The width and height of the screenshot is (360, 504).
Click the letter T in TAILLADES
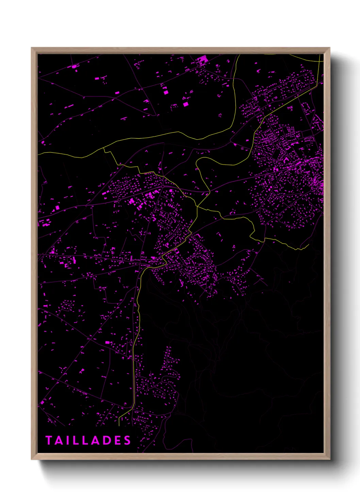[x=48, y=440]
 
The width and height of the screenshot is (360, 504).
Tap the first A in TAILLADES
[x=58, y=440]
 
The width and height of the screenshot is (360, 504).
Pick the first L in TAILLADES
[x=75, y=440]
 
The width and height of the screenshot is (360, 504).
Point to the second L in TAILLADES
[x=85, y=440]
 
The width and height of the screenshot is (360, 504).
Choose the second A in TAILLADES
[x=95, y=440]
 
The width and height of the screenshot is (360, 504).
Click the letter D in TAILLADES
[x=107, y=440]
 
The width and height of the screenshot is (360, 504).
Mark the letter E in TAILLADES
[x=117, y=440]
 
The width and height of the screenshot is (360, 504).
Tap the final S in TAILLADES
[x=127, y=440]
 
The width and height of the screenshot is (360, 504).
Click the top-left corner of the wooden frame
[x=32, y=48]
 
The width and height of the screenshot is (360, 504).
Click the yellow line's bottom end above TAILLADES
[x=119, y=426]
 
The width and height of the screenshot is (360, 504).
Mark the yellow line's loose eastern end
[x=308, y=244]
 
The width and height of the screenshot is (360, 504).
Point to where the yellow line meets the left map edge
[x=38, y=154]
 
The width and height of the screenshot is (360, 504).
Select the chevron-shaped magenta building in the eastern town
[x=285, y=159]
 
